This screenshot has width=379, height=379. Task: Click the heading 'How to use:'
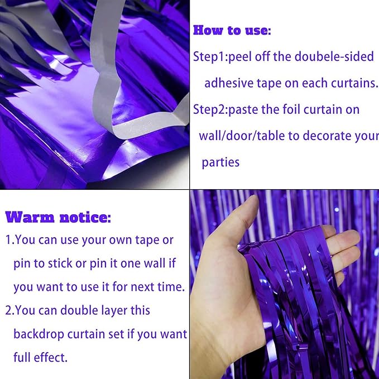[232, 30]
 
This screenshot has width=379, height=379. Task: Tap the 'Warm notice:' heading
[58, 217]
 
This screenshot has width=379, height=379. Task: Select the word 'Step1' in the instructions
[208, 57]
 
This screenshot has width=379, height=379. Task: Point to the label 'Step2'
[208, 109]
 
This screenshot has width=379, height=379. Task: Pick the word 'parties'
[220, 162]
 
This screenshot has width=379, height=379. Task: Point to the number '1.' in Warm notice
[9, 240]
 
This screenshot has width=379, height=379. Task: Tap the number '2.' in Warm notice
[10, 310]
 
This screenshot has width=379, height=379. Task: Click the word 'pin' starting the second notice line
[22, 263]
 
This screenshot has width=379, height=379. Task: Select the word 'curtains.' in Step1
[352, 83]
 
